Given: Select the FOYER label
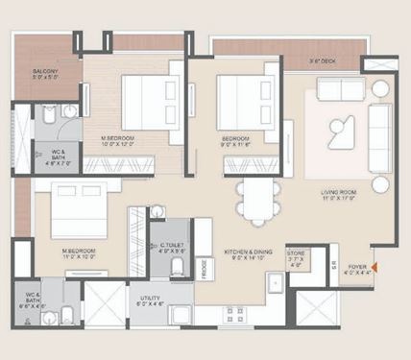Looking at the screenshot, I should point(357,268).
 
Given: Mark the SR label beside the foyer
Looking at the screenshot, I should point(333,262).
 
